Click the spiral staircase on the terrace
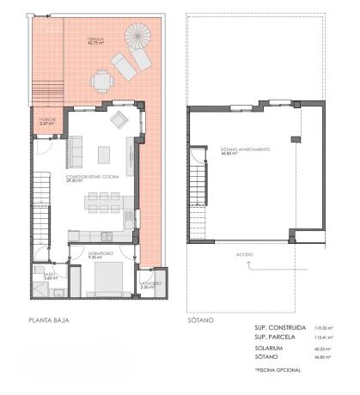coord(136,38)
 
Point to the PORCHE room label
coord(47,121)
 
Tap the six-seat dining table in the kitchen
coord(107,204)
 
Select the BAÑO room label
coord(51,276)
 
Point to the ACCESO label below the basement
coord(245,256)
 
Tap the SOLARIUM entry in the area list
coord(261,348)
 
